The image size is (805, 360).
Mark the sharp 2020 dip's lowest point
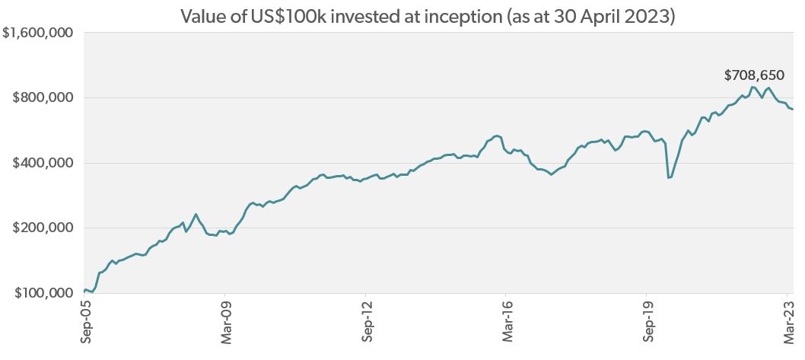pyautogui.click(x=669, y=177)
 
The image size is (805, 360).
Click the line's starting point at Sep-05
pyautogui.click(x=84, y=291)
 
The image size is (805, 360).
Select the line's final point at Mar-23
pyautogui.click(x=793, y=110)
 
